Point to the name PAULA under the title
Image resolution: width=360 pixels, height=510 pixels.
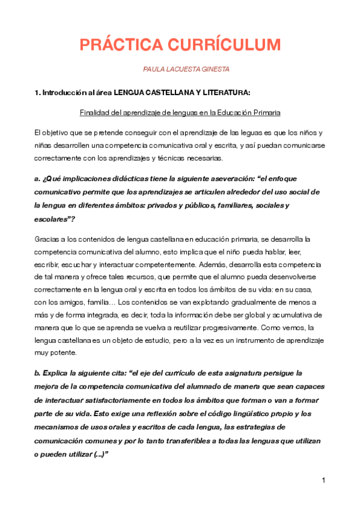tap(154, 70)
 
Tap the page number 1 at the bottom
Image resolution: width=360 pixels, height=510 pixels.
tap(323, 480)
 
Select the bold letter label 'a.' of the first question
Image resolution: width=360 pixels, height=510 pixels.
tap(38, 179)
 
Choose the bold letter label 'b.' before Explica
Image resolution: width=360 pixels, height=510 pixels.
tap(38, 373)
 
